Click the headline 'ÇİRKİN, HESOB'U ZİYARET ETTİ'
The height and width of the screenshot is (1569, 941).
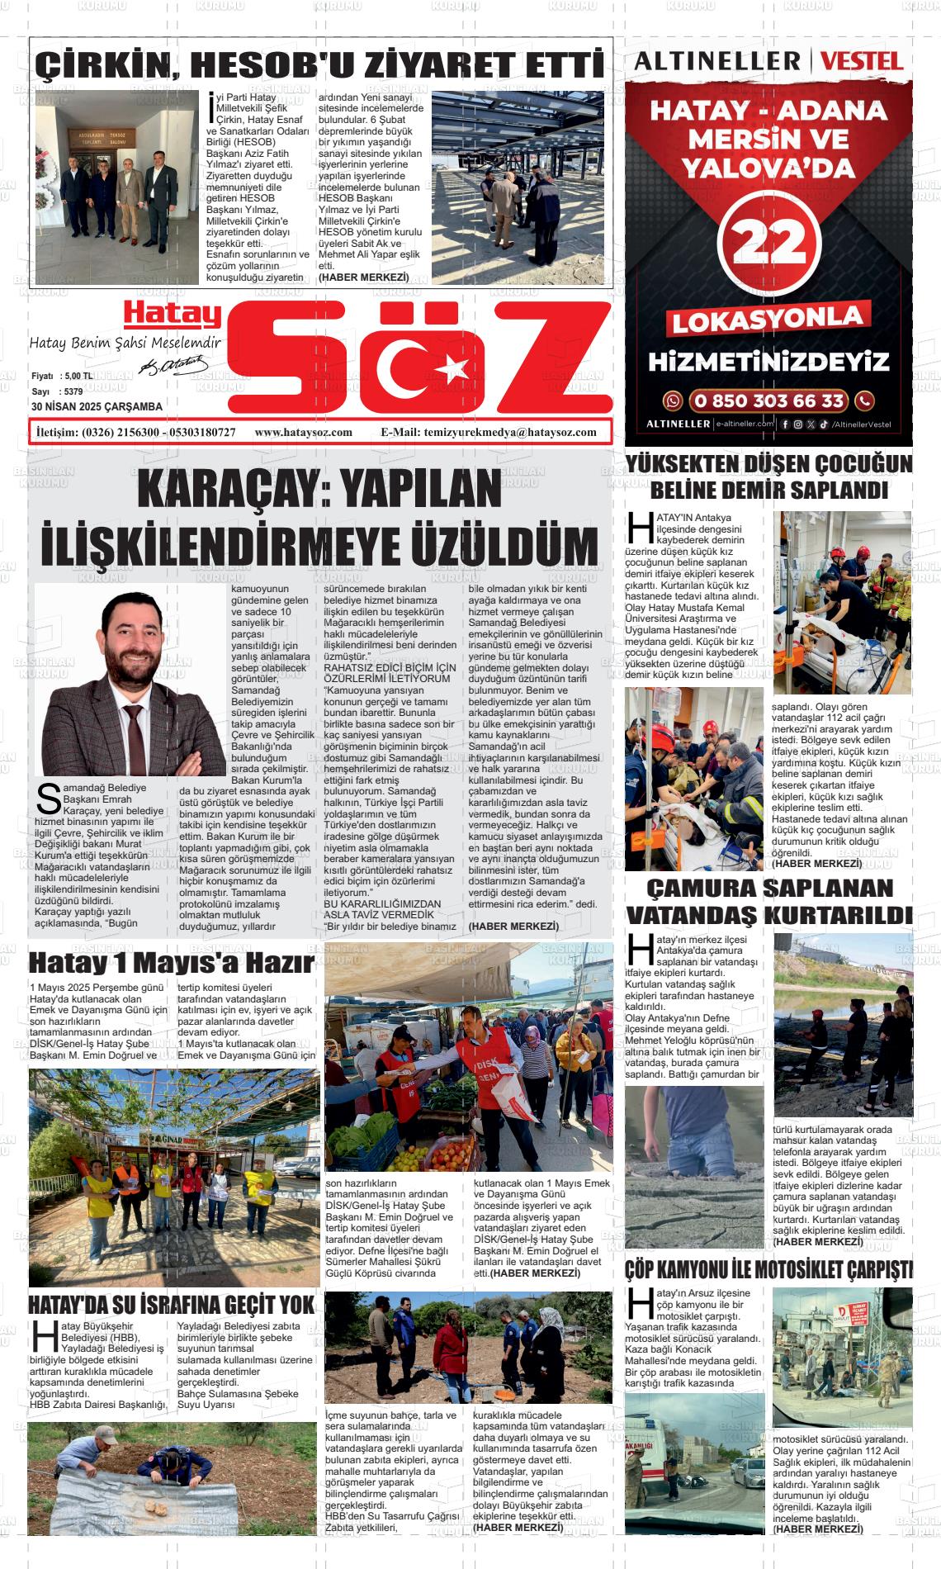pos(321,64)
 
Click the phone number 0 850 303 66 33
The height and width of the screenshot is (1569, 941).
pos(768,401)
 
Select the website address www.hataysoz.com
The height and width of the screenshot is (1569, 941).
pos(304,432)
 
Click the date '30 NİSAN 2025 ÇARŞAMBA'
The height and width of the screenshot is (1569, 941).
pos(97,407)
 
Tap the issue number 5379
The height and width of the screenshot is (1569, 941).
pos(73,391)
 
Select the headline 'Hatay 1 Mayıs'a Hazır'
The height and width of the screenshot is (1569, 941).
pos(171,964)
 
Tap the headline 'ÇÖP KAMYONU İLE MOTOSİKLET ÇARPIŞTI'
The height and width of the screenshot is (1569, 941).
pos(768,1269)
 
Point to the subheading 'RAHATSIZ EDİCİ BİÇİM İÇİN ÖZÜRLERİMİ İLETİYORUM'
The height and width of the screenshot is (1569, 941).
pos(390,672)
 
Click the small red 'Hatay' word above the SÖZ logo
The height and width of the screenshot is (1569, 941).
pos(173,313)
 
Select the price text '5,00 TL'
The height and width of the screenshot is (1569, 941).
pos(77,376)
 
